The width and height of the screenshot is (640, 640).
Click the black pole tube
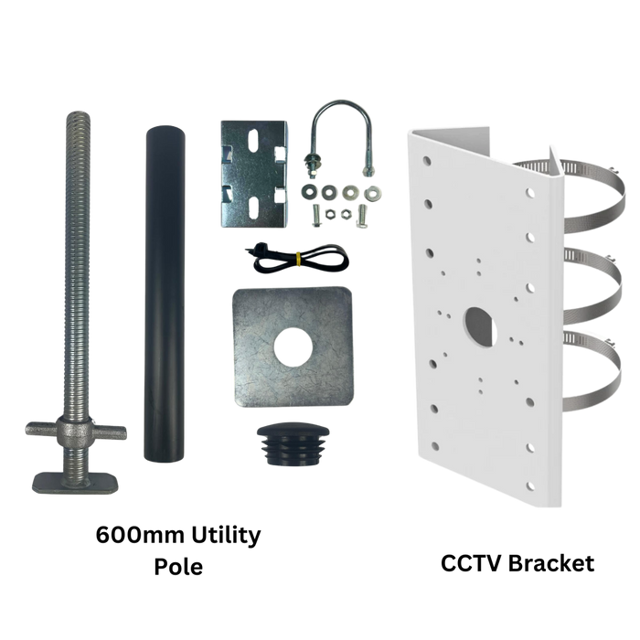[x=164, y=293]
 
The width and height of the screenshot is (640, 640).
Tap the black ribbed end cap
[x=293, y=444]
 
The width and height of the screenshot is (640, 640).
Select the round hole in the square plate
[x=293, y=347]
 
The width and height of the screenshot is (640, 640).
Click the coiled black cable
[x=297, y=259]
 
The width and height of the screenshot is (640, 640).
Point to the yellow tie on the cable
[x=298, y=259]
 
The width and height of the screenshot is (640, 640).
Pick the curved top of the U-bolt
[x=341, y=107]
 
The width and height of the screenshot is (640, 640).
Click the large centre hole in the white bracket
[x=480, y=327]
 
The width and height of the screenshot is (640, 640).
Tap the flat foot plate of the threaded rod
[x=76, y=483]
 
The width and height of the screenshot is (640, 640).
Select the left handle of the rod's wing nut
[x=42, y=429]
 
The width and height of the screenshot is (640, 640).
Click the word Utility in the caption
[x=226, y=535]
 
